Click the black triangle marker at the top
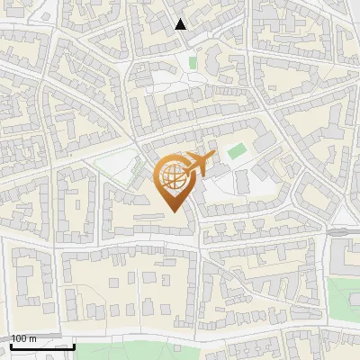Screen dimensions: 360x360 click(181, 24)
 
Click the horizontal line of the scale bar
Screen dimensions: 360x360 click(41, 346)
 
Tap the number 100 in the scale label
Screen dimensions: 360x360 click(21, 338)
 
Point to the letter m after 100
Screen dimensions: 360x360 click(33, 338)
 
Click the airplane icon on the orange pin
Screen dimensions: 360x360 click(198, 166)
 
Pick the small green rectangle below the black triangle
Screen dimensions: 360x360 click(193, 63)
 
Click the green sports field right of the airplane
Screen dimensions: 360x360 click(236, 151)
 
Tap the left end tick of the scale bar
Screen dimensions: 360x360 click(10, 345)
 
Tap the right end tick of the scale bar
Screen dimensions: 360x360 click(74, 345)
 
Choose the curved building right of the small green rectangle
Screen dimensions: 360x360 click(214, 61)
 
